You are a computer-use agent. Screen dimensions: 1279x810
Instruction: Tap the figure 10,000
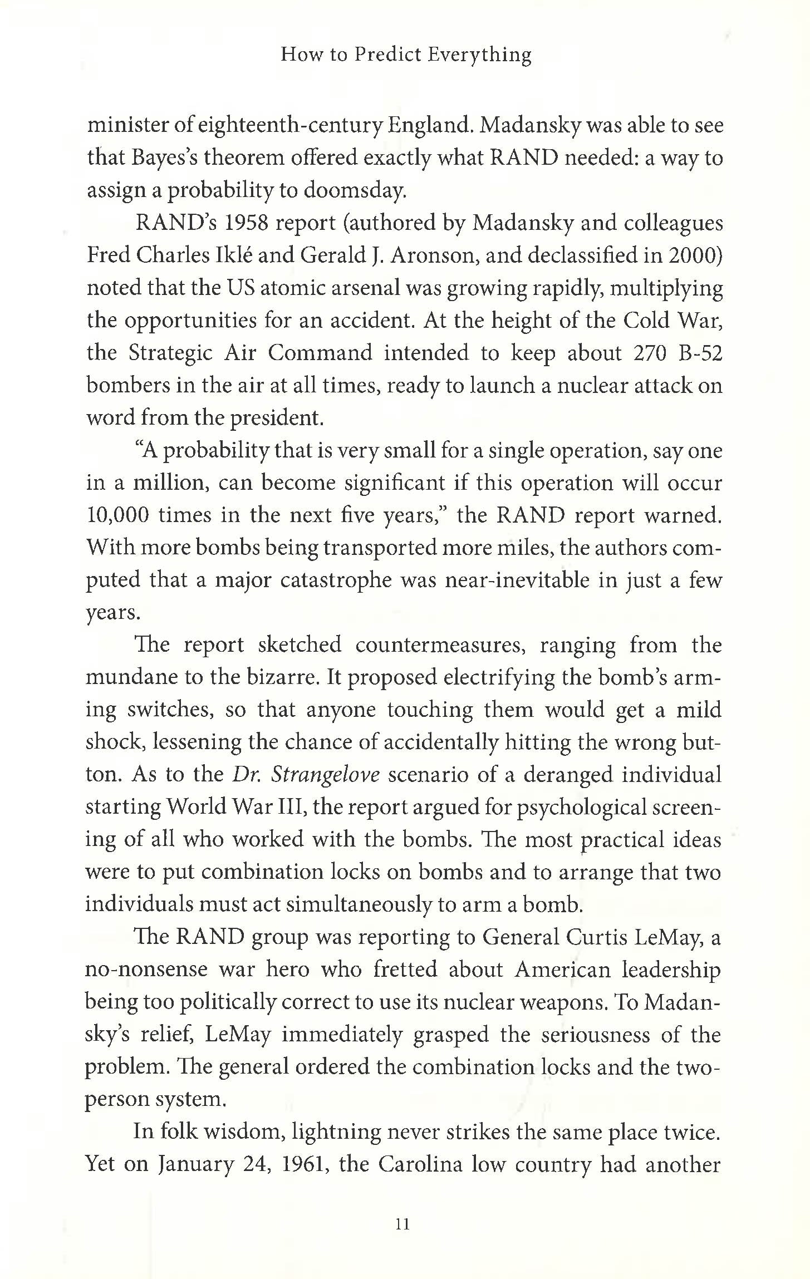[117, 515]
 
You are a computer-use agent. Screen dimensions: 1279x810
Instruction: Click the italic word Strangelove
[325, 775]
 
